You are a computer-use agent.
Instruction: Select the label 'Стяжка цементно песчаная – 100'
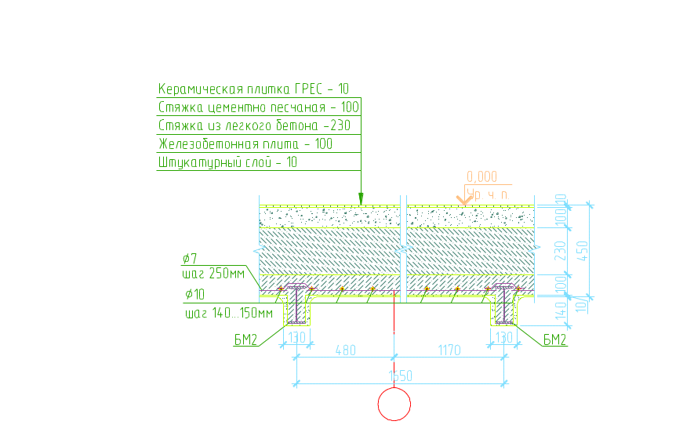coord(259,107)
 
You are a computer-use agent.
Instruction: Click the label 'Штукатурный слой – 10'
coord(227,163)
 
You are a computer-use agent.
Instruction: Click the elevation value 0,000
coord(481,177)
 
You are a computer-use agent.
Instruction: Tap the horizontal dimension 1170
coord(447,350)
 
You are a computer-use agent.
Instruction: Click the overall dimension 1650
coord(401,376)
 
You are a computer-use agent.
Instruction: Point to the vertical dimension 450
coord(582,252)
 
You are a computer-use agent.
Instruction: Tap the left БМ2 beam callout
coord(246,340)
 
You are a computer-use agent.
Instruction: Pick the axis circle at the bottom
coord(394,405)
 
